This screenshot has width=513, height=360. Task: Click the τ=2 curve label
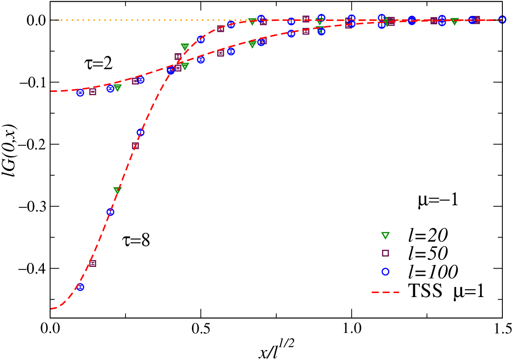pyautogui.click(x=98, y=63)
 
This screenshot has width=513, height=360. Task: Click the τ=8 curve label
pyautogui.click(x=136, y=241)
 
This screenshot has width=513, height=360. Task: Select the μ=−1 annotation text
pyautogui.click(x=438, y=200)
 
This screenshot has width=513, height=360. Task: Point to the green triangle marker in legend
pyautogui.click(x=386, y=235)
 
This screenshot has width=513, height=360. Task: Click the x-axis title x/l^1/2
pyautogui.click(x=276, y=349)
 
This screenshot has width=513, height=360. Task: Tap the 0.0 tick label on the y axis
pyautogui.click(x=36, y=20)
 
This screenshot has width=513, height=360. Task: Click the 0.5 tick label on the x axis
pyautogui.click(x=200, y=329)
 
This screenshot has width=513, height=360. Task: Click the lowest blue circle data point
pyautogui.click(x=80, y=287)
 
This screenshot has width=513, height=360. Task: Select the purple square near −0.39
pyautogui.click(x=93, y=263)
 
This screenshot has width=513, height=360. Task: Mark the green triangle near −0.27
pyautogui.click(x=117, y=190)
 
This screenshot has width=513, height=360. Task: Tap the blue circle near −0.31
pyautogui.click(x=110, y=212)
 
